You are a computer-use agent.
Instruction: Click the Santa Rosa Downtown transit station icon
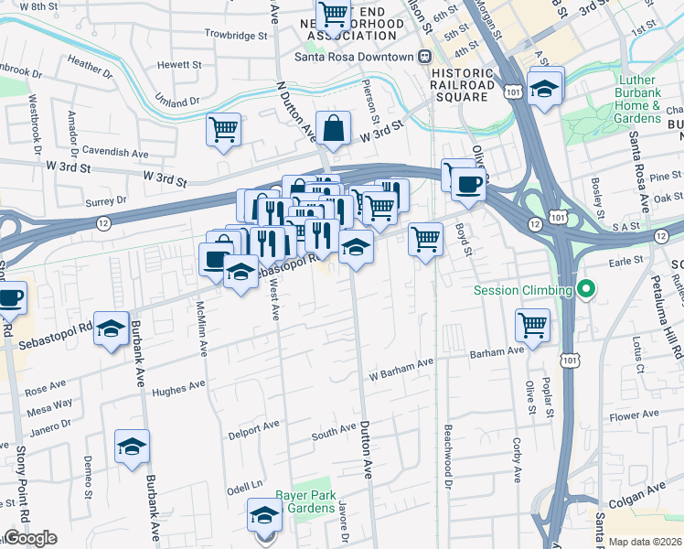pyautogui.click(x=424, y=57)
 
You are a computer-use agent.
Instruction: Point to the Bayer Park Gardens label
pyautogui.click(x=304, y=501)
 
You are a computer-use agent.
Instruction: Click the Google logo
pyautogui.click(x=30, y=538)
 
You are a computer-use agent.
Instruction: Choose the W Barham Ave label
pyautogui.click(x=401, y=364)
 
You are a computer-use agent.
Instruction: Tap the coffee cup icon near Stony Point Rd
pyautogui.click(x=10, y=297)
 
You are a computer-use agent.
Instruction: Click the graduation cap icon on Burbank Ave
pyautogui.click(x=132, y=447)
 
